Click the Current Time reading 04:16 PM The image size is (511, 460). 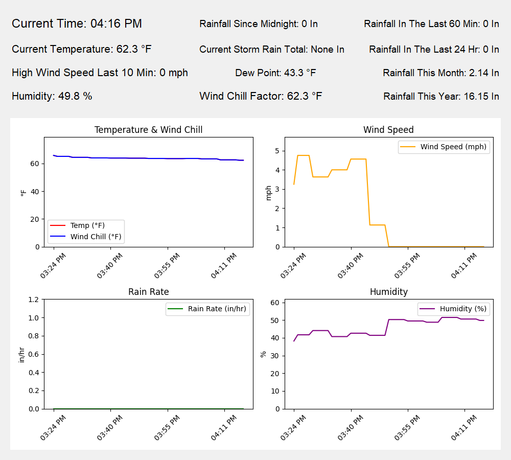coord(77,24)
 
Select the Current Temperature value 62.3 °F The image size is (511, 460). coord(82,49)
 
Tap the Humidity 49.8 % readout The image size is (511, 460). coord(52,96)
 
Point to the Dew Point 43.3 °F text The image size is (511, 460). coord(275,73)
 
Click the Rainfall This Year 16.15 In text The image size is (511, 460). coord(441,96)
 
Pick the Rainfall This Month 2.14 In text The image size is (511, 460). coord(440,73)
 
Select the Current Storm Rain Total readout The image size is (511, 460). coord(271,50)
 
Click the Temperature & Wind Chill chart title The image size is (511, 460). coord(148,130)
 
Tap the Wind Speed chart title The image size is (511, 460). coord(388,130)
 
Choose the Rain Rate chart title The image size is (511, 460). coord(148,292)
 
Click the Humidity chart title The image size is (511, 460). coord(388,292)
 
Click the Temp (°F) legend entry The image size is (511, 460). coord(87,225)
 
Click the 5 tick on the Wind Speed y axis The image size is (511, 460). coord(276,151)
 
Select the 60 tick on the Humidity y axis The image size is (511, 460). coord(274,303)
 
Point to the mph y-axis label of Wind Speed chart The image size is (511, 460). coord(269,192)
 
